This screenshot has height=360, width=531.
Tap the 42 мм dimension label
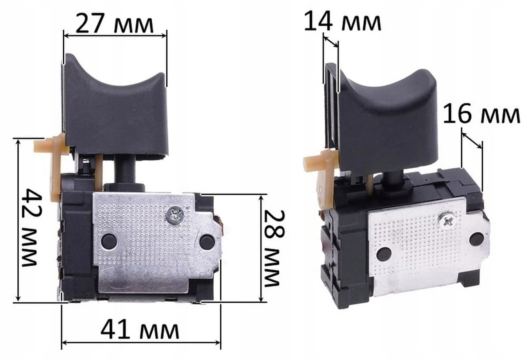(31, 228)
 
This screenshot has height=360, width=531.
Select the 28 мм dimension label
(274, 248)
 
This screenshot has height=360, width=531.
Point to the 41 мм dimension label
(140, 330)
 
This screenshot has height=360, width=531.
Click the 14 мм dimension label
(342, 22)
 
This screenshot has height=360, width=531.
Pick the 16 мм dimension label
(481, 114)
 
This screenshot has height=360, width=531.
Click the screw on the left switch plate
(175, 215)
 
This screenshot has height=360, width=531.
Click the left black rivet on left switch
(109, 241)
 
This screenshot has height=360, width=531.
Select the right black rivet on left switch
(207, 242)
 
